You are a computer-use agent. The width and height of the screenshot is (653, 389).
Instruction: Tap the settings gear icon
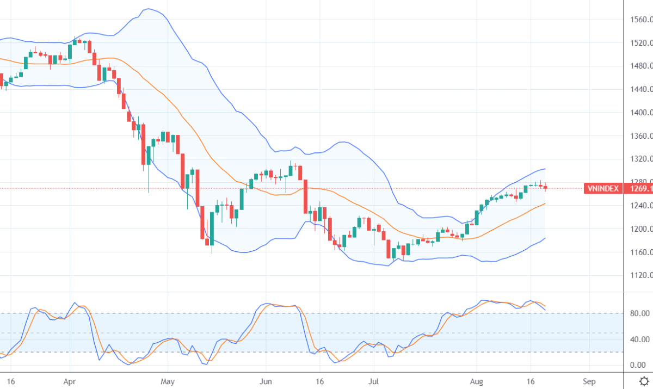click(644, 381)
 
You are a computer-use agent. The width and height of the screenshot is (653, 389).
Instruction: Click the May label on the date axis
click(169, 381)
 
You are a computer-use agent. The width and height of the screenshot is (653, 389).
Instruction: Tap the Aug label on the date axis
click(477, 381)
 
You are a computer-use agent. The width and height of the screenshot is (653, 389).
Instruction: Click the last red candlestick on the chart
click(545, 187)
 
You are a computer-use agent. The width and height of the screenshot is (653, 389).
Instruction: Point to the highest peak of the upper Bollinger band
click(148, 9)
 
